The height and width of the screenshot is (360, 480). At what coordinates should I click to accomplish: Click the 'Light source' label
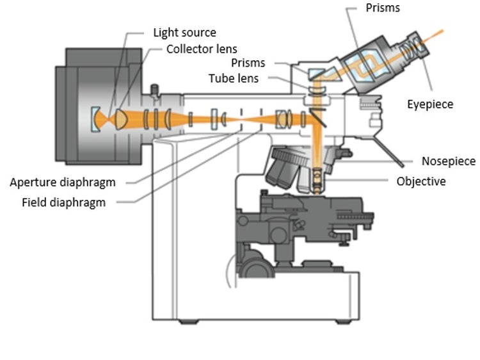(184, 32)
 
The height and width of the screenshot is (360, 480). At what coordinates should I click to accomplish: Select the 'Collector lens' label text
(201, 49)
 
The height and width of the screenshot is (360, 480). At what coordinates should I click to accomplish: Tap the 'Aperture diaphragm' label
(63, 183)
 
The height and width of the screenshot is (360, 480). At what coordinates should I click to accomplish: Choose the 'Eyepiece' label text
(429, 104)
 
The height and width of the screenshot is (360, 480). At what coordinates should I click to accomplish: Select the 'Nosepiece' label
(447, 161)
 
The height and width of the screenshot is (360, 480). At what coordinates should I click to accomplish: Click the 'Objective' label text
(420, 181)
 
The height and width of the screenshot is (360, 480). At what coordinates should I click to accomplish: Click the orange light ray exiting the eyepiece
(448, 29)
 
